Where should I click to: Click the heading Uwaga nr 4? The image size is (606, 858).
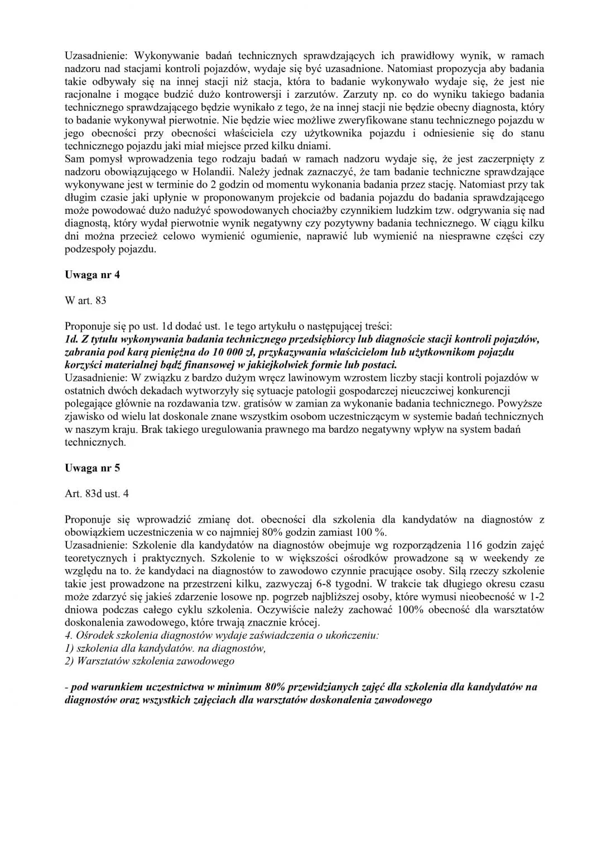pos(92,275)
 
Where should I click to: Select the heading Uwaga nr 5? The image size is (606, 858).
pos(92,468)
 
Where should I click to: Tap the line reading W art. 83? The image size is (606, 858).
pos(85,301)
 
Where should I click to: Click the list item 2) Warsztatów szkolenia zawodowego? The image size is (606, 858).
pos(150,661)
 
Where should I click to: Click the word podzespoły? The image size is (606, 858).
pos(89,249)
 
